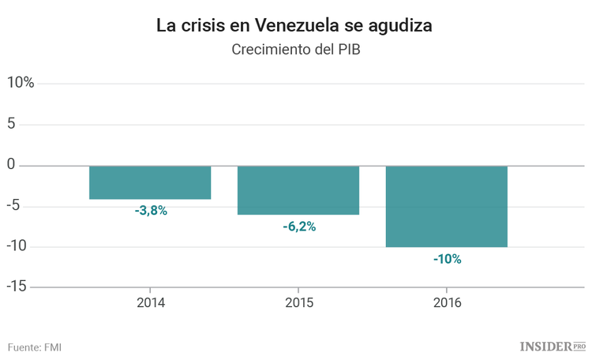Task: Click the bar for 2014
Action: (x=150, y=182)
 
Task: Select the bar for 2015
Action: (x=298, y=190)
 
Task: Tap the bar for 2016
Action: (x=446, y=206)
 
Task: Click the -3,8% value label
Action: (x=151, y=211)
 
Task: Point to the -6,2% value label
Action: (x=299, y=227)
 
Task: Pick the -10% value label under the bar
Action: (x=447, y=259)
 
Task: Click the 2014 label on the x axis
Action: (x=151, y=303)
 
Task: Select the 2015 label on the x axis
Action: (x=298, y=303)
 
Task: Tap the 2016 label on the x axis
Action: (x=447, y=303)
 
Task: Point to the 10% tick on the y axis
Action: (x=21, y=83)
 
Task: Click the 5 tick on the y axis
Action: (x=11, y=124)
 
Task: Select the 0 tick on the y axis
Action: (x=11, y=164)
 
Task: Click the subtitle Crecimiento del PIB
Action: (x=295, y=50)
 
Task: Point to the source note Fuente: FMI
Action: (x=35, y=347)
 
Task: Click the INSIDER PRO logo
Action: (x=552, y=346)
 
